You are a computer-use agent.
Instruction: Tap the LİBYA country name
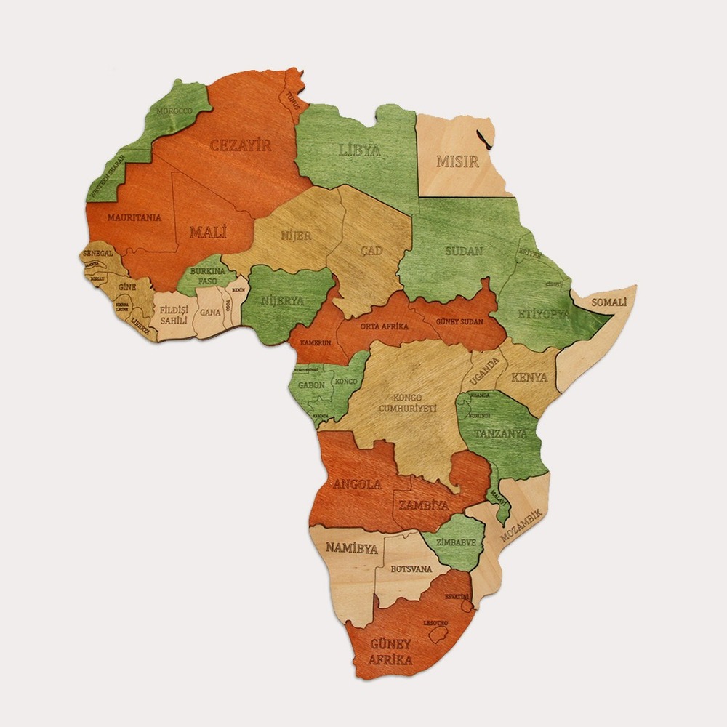pyautogui.click(x=360, y=150)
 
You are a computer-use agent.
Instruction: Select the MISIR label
pyautogui.click(x=457, y=161)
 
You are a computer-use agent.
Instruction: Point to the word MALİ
pyautogui.click(x=208, y=233)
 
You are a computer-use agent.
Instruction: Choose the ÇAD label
pyautogui.click(x=371, y=251)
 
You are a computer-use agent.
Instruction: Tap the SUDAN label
pyautogui.click(x=463, y=252)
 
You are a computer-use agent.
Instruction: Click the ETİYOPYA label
pyautogui.click(x=542, y=314)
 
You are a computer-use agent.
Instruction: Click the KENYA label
pyautogui.click(x=529, y=377)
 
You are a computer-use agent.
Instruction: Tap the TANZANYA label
pyautogui.click(x=500, y=433)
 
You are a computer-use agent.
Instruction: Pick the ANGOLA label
pyautogui.click(x=357, y=484)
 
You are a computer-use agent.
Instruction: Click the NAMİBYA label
pyautogui.click(x=351, y=548)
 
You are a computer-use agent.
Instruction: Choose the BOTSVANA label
pyautogui.click(x=411, y=569)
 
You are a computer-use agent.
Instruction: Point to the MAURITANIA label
pyautogui.click(x=134, y=217)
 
